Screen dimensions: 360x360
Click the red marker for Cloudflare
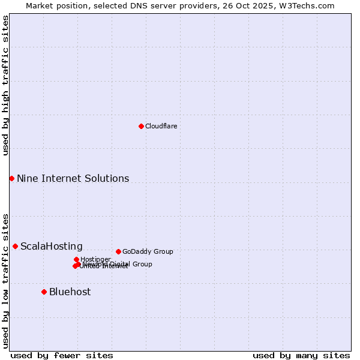141,126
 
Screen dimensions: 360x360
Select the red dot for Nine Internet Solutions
11,178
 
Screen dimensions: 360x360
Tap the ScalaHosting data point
15,246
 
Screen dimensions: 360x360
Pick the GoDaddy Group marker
118,251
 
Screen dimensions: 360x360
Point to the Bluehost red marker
44,292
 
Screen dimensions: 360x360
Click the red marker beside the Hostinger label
76,259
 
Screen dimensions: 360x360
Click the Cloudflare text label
161,126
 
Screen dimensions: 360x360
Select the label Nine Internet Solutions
73,178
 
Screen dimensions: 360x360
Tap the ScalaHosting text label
52,246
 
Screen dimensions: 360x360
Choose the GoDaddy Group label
148,251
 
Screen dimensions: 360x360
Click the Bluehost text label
70,292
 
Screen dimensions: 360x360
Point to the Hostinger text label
95,259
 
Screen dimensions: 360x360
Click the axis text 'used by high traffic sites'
5,86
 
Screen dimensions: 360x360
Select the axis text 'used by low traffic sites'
5,280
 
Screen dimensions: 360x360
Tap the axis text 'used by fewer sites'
62,355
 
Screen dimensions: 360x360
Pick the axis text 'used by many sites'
301,355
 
